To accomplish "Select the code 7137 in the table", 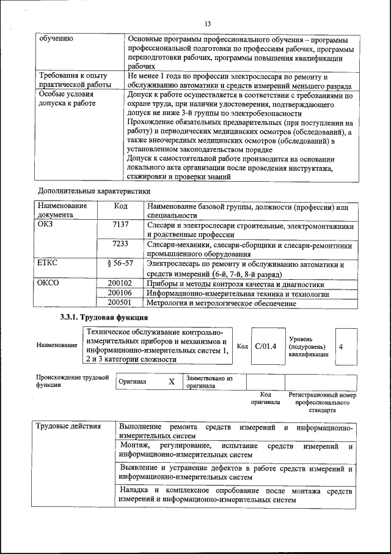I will (120, 225).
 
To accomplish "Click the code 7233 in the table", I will (120, 244).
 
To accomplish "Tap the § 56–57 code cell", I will (120, 264).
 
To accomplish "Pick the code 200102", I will (120, 283).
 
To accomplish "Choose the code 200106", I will (120, 293).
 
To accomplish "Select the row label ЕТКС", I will (49, 264).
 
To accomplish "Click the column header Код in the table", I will (120, 206).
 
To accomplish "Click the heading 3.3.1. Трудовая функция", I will (103, 318).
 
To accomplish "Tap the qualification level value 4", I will (341, 346).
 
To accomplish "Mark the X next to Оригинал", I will (172, 381).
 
